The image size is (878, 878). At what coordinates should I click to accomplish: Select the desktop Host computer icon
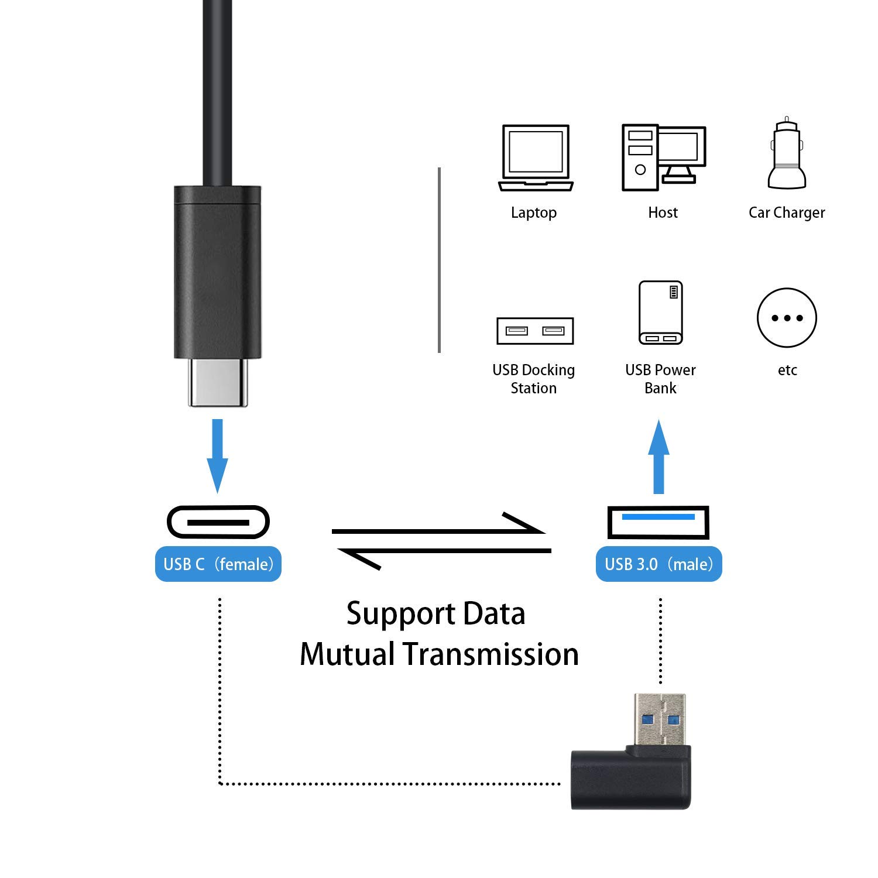point(663,157)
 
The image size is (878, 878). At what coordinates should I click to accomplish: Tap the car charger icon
point(787,153)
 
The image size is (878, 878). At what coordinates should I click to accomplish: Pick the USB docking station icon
point(534,331)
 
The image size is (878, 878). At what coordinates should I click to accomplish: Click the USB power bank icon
point(660,313)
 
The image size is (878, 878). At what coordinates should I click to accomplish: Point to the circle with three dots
point(787,318)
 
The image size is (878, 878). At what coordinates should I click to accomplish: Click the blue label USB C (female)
point(218,564)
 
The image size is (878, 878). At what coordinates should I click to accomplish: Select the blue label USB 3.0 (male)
point(658,564)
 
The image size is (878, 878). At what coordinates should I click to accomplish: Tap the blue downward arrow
point(217,455)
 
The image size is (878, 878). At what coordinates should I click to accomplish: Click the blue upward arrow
point(658,457)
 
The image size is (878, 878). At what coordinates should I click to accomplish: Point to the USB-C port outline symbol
point(218,522)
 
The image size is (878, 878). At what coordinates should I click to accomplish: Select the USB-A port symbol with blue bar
point(658,522)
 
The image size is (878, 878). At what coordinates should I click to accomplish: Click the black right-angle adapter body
point(630,778)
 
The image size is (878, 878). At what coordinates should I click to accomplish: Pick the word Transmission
point(491,654)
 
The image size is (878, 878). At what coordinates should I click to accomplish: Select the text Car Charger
point(787,212)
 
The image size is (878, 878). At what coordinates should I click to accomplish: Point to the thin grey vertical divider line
point(439,260)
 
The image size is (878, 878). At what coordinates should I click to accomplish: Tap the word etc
point(787,370)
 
